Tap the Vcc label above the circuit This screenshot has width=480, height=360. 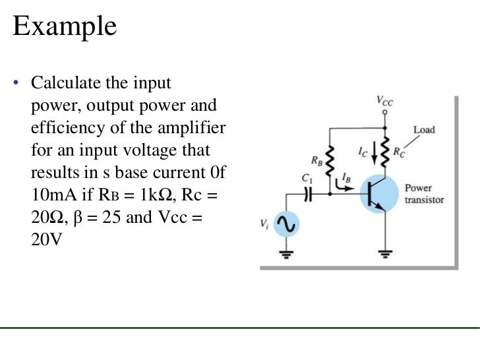click(x=385, y=101)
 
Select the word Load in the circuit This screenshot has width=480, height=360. click(x=424, y=129)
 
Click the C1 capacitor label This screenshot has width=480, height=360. click(x=305, y=178)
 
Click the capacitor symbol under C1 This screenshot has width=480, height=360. click(x=307, y=195)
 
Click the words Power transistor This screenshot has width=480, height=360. click(x=424, y=194)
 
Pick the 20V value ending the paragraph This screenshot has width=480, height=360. click(x=46, y=241)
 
